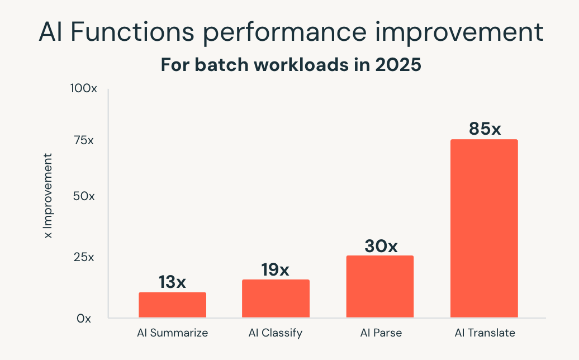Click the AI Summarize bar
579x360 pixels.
point(172,305)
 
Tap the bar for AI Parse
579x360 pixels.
point(380,286)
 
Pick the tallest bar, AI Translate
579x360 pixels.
point(484,228)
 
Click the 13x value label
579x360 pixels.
point(172,282)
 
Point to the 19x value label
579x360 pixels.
point(275,269)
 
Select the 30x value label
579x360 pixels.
point(381,246)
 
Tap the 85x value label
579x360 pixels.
point(485,129)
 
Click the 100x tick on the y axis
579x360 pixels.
point(83,89)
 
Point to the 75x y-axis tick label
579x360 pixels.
point(83,140)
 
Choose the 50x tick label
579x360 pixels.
point(83,197)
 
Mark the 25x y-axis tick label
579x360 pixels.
point(83,258)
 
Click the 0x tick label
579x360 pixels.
point(84,319)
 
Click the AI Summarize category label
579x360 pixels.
point(172,333)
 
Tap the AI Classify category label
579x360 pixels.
point(275,333)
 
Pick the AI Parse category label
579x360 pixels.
point(381,333)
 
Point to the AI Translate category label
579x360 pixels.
point(484,333)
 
